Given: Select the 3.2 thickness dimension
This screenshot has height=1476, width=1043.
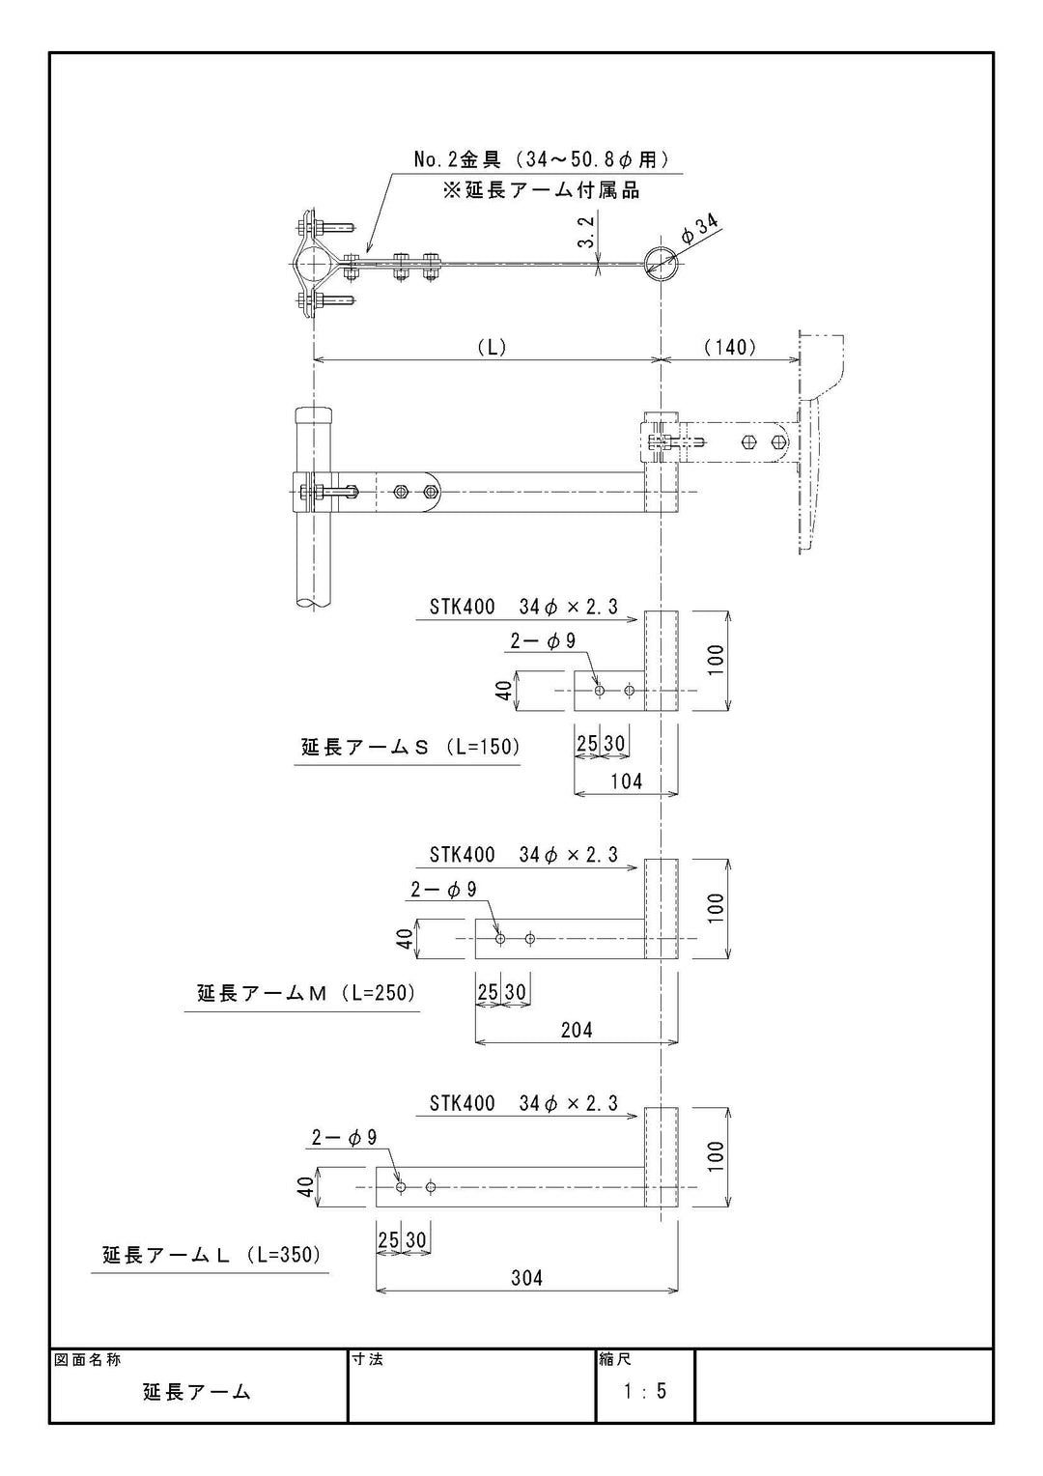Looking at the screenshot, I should tap(586, 232).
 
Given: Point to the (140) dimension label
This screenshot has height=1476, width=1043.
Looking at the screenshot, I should tap(730, 347).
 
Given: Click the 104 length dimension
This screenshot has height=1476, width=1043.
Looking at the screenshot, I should tap(626, 781).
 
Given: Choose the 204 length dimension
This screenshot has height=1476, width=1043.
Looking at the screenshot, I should tap(577, 1030).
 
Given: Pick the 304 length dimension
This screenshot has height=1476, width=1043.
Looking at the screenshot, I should tap(526, 1278).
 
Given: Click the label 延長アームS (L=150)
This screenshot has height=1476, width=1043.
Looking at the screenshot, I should tap(409, 747).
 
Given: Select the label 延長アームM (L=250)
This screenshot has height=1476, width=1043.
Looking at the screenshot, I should tap(306, 993).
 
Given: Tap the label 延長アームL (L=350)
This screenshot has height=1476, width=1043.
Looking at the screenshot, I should tap(211, 1255).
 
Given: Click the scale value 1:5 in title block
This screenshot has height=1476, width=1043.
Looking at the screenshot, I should tap(645, 1391).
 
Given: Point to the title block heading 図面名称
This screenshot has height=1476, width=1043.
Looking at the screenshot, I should tap(88, 1359).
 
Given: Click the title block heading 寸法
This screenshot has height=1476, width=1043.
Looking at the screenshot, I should tap(368, 1359).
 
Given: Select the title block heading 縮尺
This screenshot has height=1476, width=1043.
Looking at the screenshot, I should tap(615, 1359).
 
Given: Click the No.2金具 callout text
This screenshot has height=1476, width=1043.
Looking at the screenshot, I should tap(541, 159).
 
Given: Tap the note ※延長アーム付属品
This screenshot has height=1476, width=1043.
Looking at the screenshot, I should tap(541, 190).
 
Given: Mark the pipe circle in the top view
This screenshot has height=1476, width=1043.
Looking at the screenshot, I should tap(660, 259).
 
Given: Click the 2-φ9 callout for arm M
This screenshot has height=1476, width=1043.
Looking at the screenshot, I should tap(443, 890).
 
